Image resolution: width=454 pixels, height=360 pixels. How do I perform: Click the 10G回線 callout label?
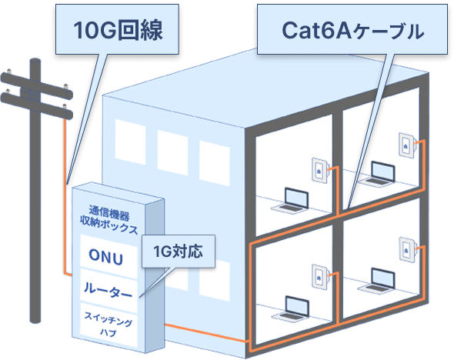click(119, 31)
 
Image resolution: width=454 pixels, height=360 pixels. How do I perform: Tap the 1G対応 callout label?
click(177, 252)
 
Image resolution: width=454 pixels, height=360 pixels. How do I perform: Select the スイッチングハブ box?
click(105, 319)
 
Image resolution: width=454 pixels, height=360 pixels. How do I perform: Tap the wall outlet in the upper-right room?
click(406, 146)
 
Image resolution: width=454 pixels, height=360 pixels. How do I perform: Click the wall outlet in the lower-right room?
click(406, 250)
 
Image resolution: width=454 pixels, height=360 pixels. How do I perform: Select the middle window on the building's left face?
click(172, 146)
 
